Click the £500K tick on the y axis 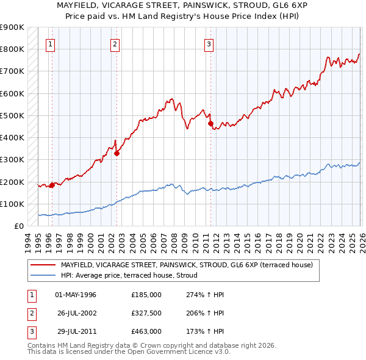coord(12,115)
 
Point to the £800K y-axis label coord(12,49)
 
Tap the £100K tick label coord(12,204)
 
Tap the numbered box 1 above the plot coord(49,43)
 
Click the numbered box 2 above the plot coord(115,43)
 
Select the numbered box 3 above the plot coord(209,43)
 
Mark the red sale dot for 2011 coord(210,124)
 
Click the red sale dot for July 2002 coord(117,154)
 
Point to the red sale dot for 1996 coord(52,185)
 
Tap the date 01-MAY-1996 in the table coord(76,295)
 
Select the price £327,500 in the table coord(146,313)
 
